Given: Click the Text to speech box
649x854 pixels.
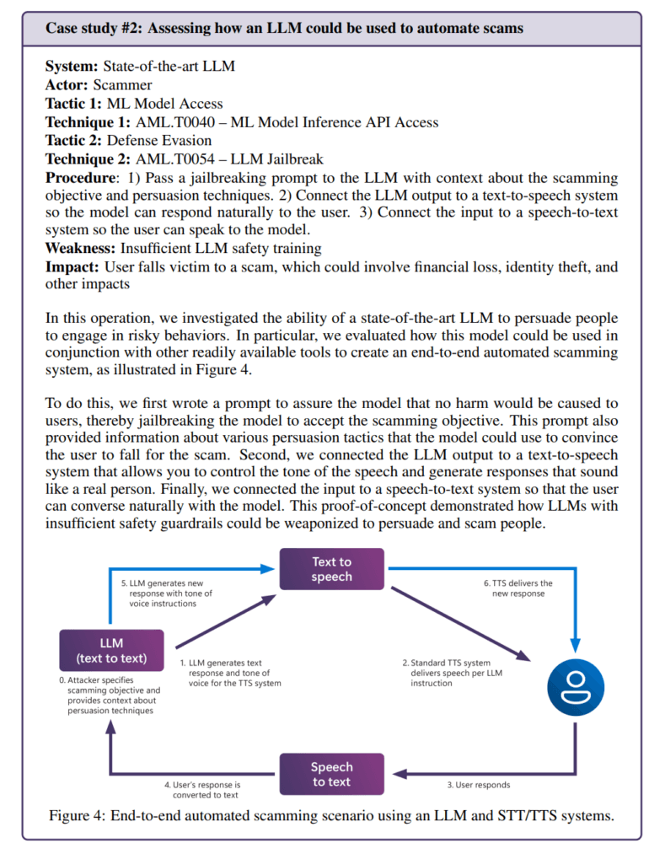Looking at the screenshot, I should click(332, 570).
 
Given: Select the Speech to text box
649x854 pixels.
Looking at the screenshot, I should click(331, 774).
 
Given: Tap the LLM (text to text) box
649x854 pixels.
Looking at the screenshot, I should click(111, 650).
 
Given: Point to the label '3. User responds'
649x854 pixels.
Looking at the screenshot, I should click(478, 785).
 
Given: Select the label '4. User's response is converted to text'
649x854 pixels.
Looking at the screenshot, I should click(202, 789).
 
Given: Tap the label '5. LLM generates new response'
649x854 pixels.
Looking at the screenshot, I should click(172, 594).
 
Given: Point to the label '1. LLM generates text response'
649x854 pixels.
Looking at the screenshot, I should click(225, 673).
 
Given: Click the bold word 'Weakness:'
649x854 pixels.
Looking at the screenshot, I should click(81, 248).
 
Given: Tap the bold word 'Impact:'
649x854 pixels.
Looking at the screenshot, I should click(72, 266).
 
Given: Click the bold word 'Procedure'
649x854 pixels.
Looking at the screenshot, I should click(78, 178).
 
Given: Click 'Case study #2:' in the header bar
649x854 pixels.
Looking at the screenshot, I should click(94, 29).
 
